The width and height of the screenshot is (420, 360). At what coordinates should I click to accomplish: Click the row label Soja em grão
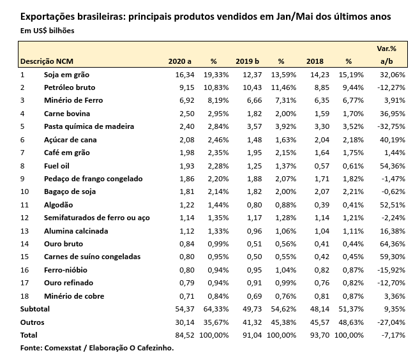click(66, 74)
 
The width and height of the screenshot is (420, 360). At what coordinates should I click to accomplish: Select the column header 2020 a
click(179, 61)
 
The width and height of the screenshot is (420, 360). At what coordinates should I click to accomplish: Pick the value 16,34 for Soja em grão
click(183, 74)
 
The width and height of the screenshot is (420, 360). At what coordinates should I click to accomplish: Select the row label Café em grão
click(67, 153)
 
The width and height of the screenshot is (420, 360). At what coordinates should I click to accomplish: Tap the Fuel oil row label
click(57, 165)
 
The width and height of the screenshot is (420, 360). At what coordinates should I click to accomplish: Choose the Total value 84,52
click(183, 334)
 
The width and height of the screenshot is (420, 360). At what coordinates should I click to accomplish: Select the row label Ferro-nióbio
click(66, 269)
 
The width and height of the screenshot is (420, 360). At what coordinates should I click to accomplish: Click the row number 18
click(24, 296)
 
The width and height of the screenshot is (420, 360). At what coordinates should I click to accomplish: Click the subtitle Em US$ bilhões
click(47, 31)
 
